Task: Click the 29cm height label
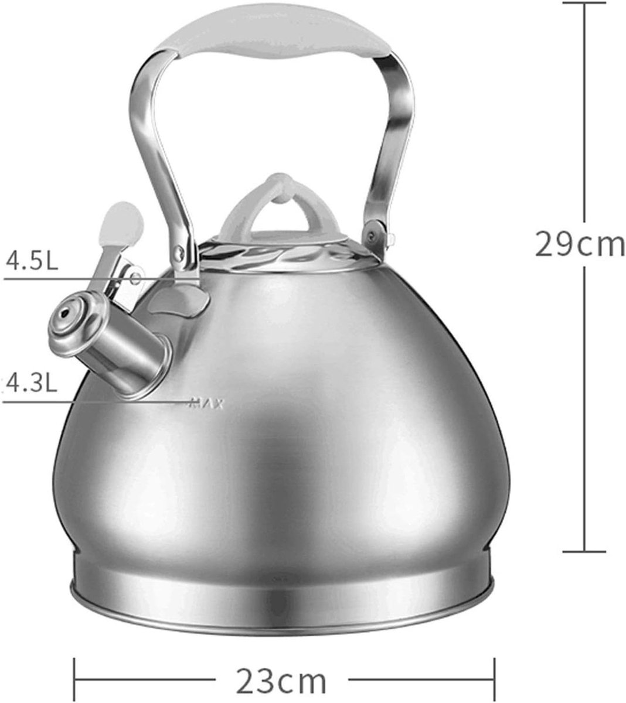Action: point(580,245)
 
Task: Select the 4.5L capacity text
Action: point(32,260)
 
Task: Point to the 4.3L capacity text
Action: point(30,383)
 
